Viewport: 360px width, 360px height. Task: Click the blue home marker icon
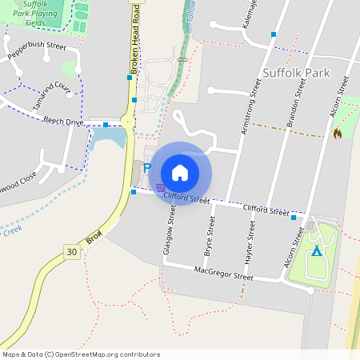coord(180,173)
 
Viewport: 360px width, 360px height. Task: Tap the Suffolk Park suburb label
coord(295,74)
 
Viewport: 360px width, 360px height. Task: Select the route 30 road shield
coord(72,252)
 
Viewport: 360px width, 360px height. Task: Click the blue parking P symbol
coord(146,167)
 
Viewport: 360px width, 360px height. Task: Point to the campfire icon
coord(337,134)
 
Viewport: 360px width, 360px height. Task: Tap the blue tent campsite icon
coord(317,251)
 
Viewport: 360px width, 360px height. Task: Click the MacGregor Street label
coord(223,274)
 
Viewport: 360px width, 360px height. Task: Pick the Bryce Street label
coord(210,236)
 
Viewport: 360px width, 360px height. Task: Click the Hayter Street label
coord(250,243)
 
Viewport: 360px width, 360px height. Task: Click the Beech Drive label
coord(63,121)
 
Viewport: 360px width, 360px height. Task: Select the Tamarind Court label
coord(52,78)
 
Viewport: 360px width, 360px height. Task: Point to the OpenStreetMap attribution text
coord(81,354)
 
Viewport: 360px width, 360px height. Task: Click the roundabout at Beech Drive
coord(128,122)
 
